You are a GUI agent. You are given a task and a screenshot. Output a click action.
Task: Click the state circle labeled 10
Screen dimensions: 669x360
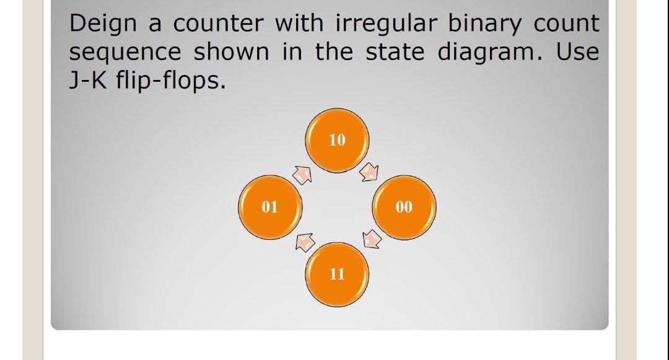[337, 140]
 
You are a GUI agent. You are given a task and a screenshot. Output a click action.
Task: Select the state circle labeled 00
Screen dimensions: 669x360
[404, 208]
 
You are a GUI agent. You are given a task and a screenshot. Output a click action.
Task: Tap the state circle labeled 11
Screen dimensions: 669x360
[337, 274]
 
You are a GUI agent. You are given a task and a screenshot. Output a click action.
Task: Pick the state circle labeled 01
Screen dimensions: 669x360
[270, 208]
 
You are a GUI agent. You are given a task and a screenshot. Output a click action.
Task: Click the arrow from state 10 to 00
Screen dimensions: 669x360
[369, 172]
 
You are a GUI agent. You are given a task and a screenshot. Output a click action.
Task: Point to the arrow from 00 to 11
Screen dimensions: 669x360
[372, 239]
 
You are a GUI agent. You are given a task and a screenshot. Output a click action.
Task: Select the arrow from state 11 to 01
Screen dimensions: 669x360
[305, 242]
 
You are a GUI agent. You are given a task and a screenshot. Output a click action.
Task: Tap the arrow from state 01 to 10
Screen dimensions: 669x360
[302, 175]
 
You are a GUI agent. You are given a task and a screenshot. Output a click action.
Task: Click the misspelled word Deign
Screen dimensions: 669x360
[103, 24]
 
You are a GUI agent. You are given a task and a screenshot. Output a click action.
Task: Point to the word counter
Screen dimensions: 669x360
[219, 24]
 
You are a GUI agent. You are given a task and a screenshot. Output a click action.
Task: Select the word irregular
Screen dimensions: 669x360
[387, 24]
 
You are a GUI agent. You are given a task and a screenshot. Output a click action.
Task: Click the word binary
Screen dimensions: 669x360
[484, 24]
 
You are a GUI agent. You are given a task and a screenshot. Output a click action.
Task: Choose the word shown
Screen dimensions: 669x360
[231, 52]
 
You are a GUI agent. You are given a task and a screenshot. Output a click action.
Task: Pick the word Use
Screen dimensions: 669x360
[577, 52]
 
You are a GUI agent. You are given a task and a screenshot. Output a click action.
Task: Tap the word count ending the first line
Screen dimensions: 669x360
[566, 24]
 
